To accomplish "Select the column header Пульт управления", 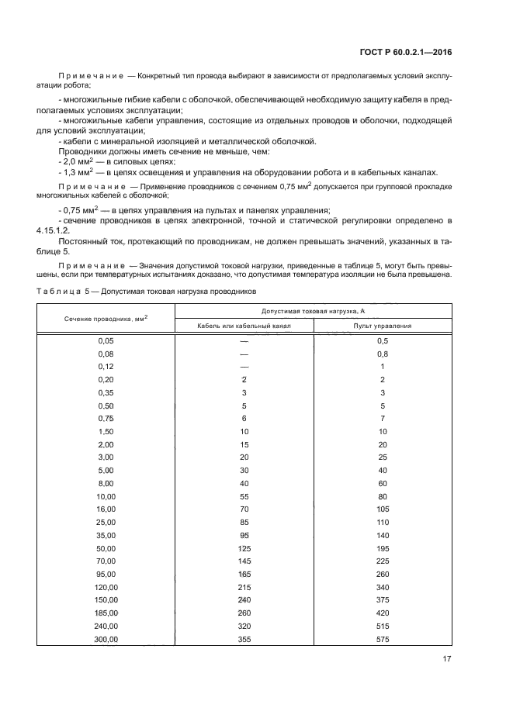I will (382, 326).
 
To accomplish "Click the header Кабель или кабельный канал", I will (244, 326).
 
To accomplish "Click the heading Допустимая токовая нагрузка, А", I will (313, 311).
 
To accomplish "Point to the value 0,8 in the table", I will (382, 354).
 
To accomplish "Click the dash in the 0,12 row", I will (244, 367).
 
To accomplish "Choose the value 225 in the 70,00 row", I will (382, 560).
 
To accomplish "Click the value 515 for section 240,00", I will (382, 626).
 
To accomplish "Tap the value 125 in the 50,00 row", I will (244, 547).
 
